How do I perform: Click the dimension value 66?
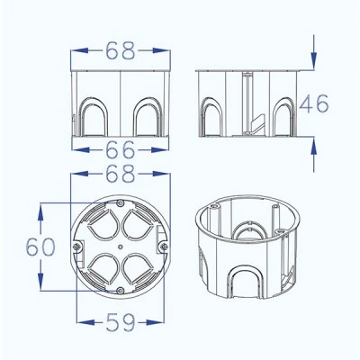[x=120, y=149]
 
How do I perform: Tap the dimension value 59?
[x=121, y=322]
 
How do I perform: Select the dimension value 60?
[x=40, y=247]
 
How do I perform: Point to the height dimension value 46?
[x=314, y=103]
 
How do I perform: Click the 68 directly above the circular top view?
[x=121, y=174]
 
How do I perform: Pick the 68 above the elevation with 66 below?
[x=121, y=50]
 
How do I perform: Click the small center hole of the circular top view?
[x=120, y=247]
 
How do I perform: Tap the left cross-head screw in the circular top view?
[x=76, y=247]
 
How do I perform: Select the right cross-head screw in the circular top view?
[x=164, y=247]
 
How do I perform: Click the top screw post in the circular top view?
[x=120, y=203]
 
